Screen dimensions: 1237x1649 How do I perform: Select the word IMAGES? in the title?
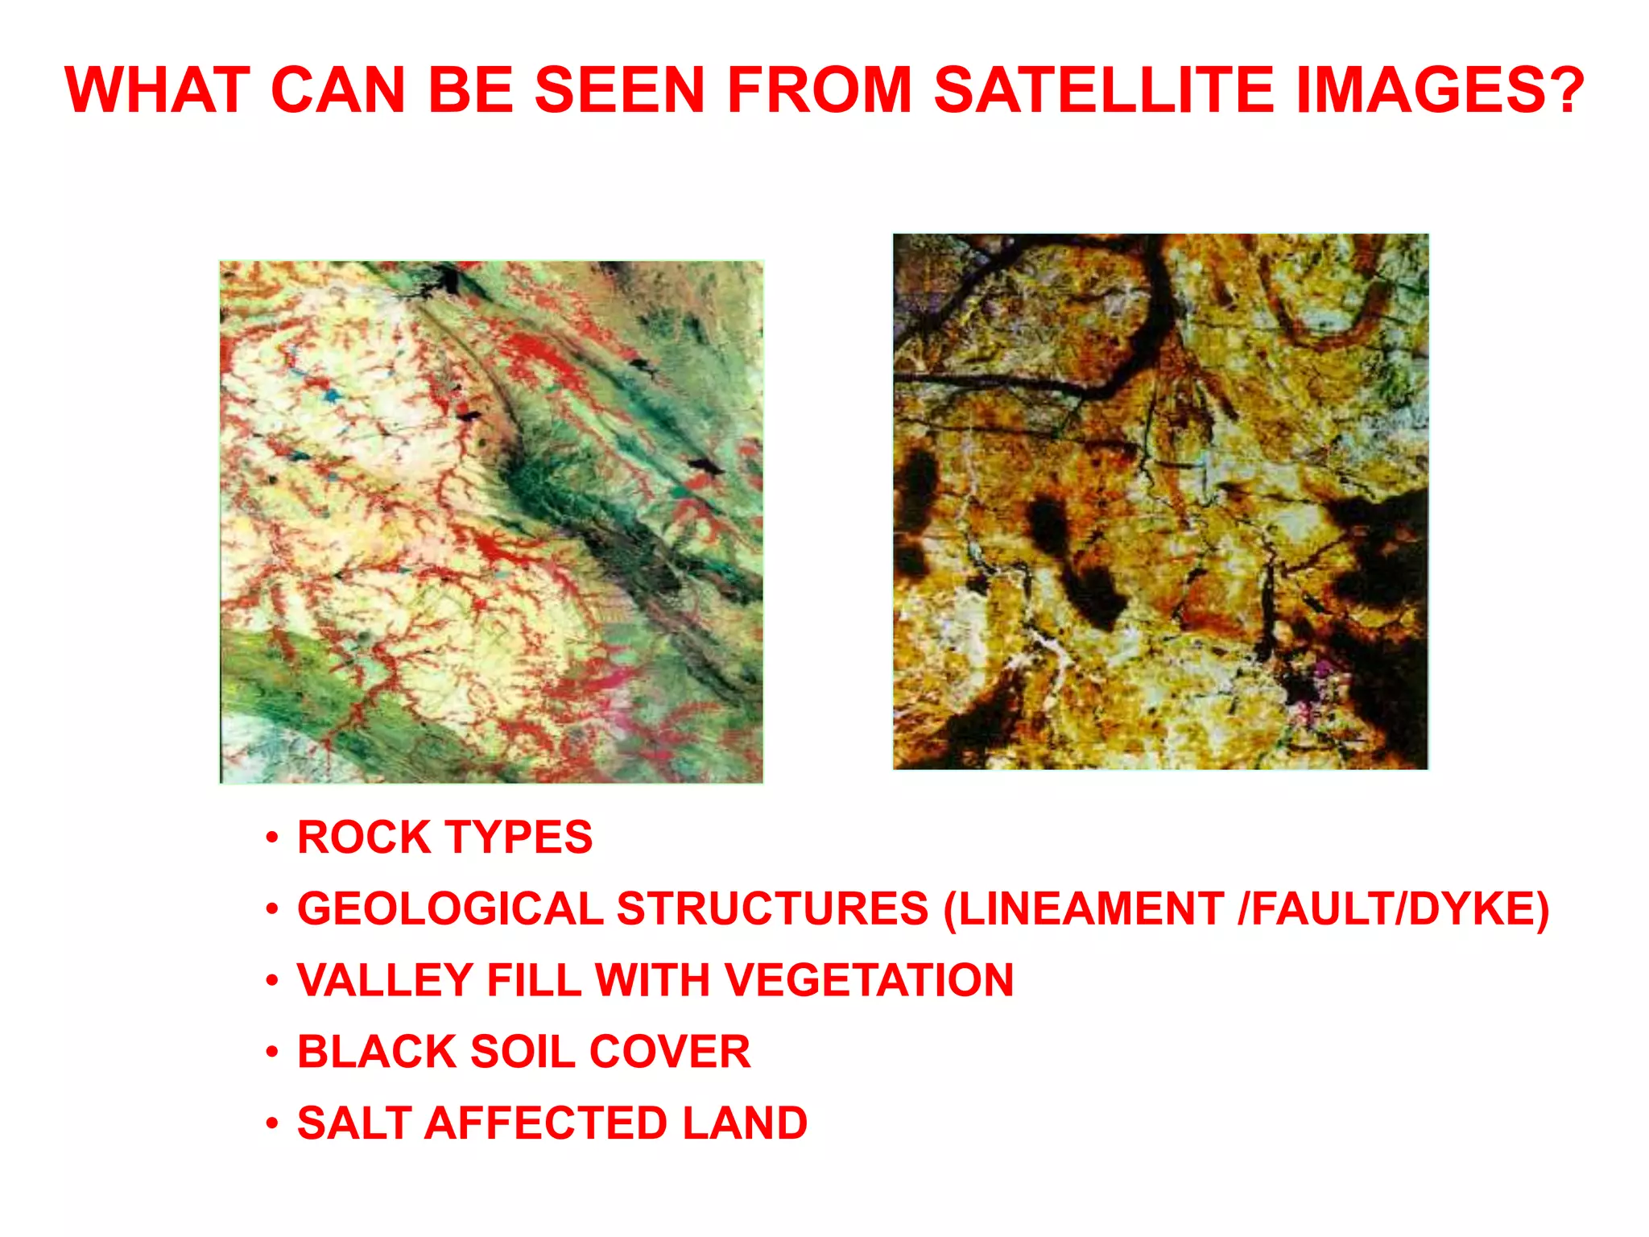click(1440, 89)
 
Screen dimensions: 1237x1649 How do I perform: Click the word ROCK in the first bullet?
click(364, 838)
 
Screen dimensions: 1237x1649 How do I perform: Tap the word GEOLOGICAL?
click(450, 909)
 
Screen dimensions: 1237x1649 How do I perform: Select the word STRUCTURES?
click(773, 909)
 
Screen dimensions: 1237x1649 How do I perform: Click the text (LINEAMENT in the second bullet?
click(1084, 909)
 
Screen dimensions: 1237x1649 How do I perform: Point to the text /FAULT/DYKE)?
click(1394, 909)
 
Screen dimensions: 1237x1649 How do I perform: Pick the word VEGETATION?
click(869, 981)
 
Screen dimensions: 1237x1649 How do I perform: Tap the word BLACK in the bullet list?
click(377, 1052)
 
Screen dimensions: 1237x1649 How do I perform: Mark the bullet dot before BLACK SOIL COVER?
click(273, 1053)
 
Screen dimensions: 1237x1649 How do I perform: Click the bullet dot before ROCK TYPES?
click(273, 838)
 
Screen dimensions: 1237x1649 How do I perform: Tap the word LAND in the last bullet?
click(745, 1123)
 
